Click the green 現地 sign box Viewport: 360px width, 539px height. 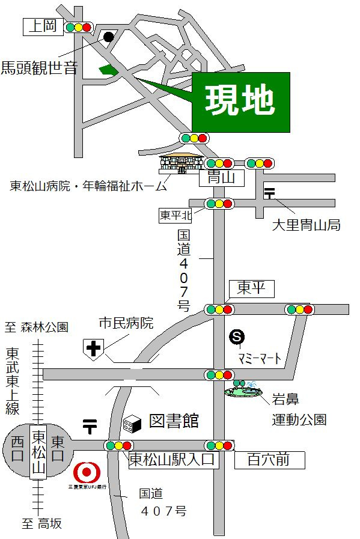coord(240,102)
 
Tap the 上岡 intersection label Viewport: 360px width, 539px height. coord(43,26)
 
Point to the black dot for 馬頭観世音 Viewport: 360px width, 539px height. coord(108,37)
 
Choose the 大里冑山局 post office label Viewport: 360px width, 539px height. coord(306,225)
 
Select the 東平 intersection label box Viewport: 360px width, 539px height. coord(251,288)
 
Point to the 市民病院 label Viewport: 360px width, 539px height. coord(126,323)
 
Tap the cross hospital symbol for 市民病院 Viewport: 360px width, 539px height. coord(94,348)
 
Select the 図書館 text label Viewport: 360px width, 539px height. coord(174,420)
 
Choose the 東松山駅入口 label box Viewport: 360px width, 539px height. coord(173,461)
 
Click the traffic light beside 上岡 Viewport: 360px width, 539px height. coord(78,27)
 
